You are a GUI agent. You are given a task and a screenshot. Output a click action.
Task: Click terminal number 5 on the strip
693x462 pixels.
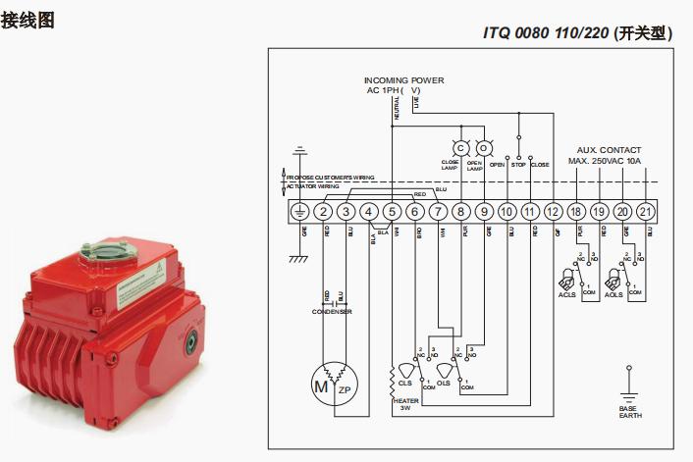[x=392, y=211]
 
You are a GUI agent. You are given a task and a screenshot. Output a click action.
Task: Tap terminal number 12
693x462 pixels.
[x=553, y=211]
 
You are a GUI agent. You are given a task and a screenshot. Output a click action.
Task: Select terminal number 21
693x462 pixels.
[x=645, y=211]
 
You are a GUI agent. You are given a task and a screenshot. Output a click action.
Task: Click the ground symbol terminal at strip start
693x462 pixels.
[x=300, y=211]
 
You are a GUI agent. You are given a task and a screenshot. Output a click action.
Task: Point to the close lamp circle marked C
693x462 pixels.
[x=459, y=148]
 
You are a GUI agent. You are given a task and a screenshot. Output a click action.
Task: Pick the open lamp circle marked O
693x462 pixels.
[x=482, y=148]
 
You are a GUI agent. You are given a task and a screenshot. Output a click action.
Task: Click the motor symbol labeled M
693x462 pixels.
[x=320, y=385]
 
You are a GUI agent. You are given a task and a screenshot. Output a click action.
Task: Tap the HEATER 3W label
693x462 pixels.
[x=405, y=404]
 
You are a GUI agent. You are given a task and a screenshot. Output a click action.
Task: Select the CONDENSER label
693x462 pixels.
[x=332, y=311]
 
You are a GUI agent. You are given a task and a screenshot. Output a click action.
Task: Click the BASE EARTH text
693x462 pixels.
[x=627, y=412]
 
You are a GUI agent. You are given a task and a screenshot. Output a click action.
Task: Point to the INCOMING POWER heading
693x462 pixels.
[x=403, y=80]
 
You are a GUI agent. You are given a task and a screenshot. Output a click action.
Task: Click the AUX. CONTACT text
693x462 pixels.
[x=609, y=150]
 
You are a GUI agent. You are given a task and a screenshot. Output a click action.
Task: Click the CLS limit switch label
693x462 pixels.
[x=404, y=384]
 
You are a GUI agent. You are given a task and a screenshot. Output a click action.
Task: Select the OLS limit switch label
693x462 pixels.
[x=444, y=384]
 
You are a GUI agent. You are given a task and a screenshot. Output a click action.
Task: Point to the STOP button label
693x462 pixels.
[x=518, y=165]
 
